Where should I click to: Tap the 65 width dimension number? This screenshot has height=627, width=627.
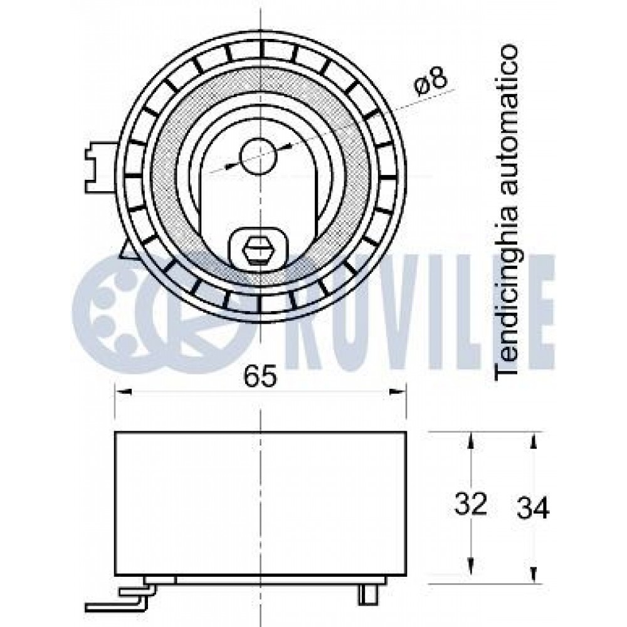tap(260, 376)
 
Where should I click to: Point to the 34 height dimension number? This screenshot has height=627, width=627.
tap(533, 507)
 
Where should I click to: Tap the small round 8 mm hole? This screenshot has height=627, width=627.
tap(258, 156)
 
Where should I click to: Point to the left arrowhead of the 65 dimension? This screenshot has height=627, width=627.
tap(123, 392)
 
